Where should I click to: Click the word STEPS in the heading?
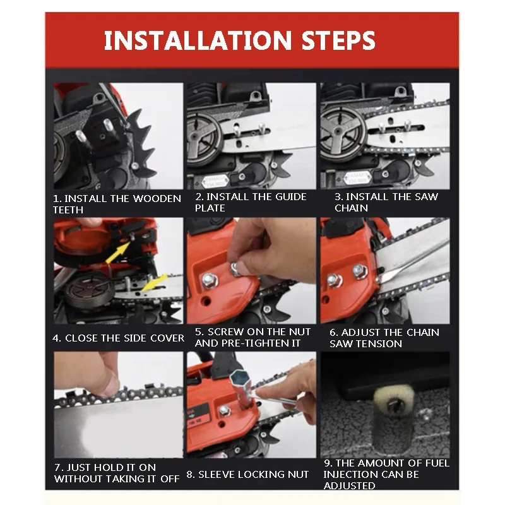click(x=338, y=40)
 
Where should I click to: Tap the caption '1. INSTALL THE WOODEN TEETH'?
click(x=117, y=204)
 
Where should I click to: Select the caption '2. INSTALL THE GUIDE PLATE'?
click(x=251, y=202)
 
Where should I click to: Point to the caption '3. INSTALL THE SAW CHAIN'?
click(x=386, y=202)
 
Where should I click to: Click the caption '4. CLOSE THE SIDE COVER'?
click(x=118, y=338)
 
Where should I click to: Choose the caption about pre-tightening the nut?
click(x=252, y=338)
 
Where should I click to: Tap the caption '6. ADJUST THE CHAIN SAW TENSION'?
click(x=384, y=338)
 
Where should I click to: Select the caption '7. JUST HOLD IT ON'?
click(x=105, y=467)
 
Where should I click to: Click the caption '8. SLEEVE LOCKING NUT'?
click(x=247, y=475)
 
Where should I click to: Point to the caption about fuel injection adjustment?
click(x=386, y=474)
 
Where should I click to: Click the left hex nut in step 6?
click(x=334, y=280)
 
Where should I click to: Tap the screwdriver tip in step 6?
click(x=380, y=279)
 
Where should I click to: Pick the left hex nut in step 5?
click(x=210, y=281)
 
